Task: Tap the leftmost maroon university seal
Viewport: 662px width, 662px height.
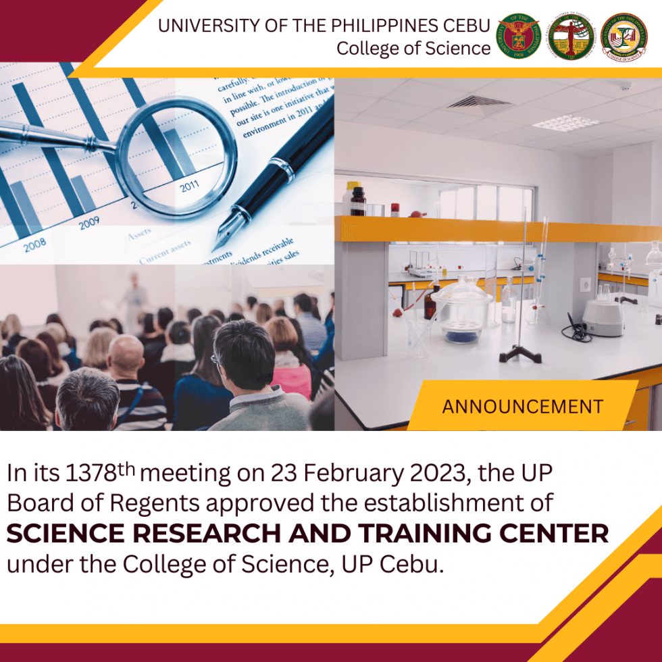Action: tap(519, 36)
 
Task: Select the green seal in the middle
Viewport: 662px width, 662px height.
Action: tap(571, 36)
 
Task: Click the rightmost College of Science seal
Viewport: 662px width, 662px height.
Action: tap(623, 36)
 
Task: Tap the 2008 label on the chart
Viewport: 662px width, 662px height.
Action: tap(35, 245)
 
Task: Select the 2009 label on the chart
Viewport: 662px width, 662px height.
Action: tap(88, 224)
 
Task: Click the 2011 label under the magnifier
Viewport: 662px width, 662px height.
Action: tap(190, 187)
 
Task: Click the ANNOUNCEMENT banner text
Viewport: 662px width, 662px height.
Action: tap(522, 407)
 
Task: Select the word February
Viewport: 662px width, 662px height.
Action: tap(351, 474)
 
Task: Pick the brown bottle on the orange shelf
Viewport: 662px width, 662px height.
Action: tap(358, 201)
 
